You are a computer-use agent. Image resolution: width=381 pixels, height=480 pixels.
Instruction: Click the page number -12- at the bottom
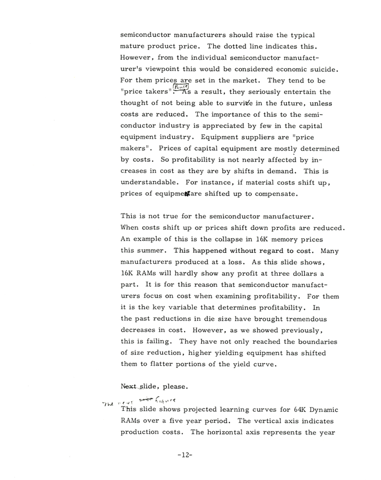click(184, 455)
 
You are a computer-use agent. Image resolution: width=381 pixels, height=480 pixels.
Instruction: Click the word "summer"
click(153, 250)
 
